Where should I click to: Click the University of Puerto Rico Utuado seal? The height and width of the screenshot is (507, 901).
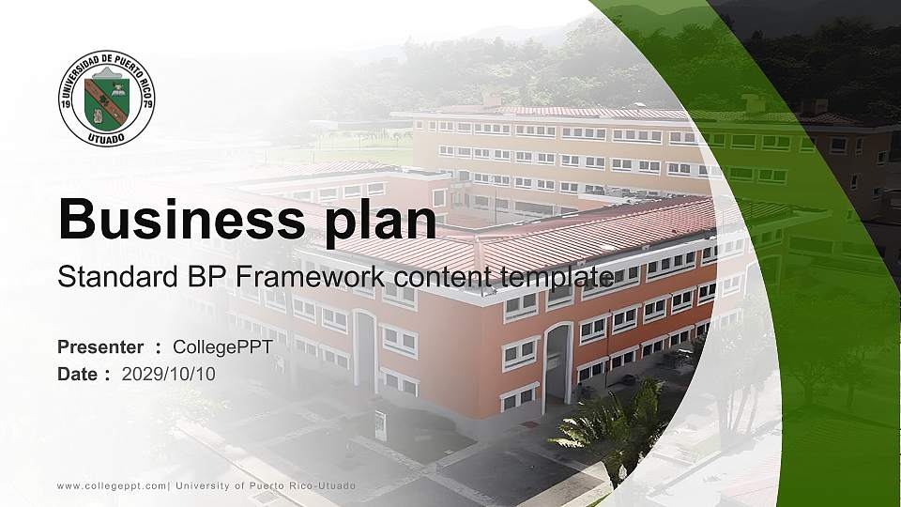107,99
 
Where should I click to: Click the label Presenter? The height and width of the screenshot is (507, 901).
100,347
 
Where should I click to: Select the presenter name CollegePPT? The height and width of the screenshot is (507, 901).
223,347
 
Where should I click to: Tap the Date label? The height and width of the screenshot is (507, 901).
79,374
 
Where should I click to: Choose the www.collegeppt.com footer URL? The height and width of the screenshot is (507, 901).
112,485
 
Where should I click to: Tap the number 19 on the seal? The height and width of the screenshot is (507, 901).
69,104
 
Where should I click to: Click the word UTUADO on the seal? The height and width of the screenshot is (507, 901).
107,137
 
